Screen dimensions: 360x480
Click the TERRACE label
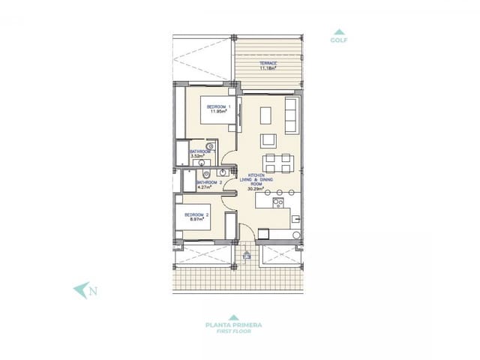tap(268, 63)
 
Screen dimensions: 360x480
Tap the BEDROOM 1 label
tap(218, 107)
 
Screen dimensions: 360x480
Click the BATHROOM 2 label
tap(209, 182)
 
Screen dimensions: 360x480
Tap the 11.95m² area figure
tap(218, 112)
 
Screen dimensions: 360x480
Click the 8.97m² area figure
tap(196, 220)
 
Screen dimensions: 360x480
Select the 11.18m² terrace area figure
tap(268, 68)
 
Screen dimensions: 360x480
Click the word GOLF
tap(340, 41)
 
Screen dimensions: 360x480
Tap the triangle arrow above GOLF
tap(340, 31)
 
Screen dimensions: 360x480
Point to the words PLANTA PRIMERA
tap(233, 325)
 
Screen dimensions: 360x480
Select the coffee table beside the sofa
tap(266, 114)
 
